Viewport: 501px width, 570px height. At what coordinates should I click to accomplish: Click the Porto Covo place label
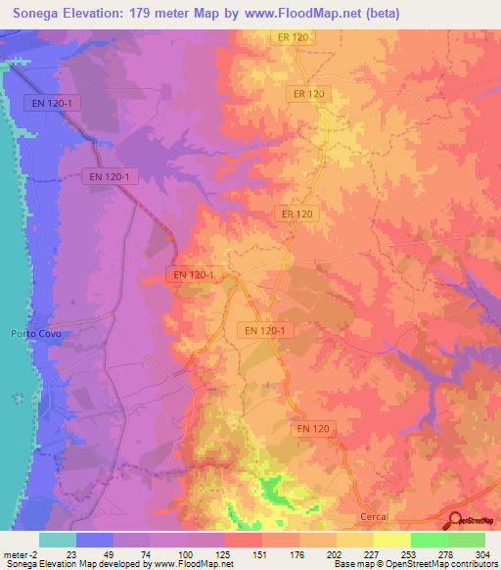click(x=29, y=333)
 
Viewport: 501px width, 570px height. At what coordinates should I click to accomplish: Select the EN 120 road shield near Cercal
click(x=313, y=429)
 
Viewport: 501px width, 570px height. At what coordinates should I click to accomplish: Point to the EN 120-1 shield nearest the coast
click(x=49, y=102)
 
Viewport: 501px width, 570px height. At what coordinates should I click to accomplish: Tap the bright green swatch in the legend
click(x=430, y=540)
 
